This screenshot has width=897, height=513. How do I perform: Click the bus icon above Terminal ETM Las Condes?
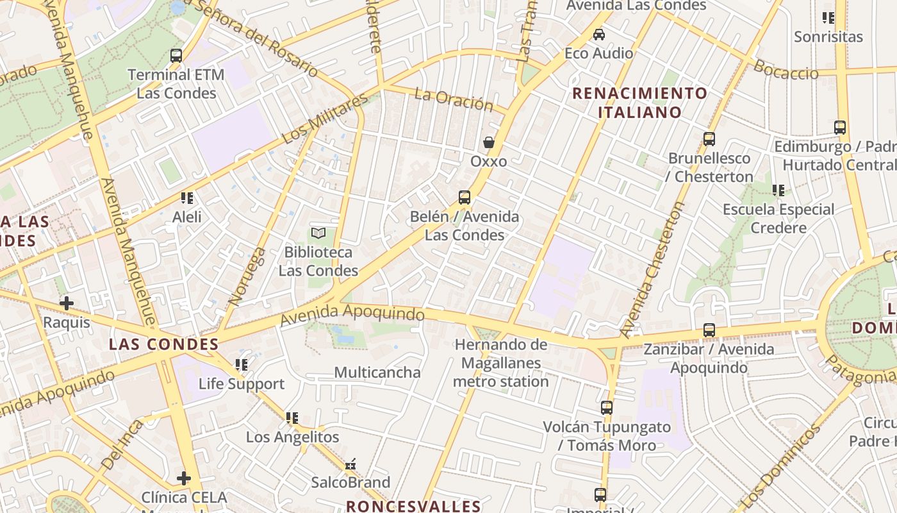[x=176, y=56]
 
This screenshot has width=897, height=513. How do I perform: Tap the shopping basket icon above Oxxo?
[x=489, y=142]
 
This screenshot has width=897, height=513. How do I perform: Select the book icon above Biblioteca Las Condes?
[x=318, y=233]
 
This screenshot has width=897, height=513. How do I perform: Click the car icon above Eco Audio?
[x=599, y=35]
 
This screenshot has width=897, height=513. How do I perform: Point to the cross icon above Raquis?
[x=67, y=303]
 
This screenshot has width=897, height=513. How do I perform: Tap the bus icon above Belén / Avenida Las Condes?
[x=465, y=198]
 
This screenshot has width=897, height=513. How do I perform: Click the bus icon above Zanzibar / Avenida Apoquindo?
[x=709, y=330]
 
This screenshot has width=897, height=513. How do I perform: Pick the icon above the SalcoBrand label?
[x=350, y=464]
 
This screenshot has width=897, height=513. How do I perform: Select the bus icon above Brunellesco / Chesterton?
[x=709, y=139]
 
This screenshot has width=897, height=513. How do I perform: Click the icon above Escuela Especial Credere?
[x=778, y=190]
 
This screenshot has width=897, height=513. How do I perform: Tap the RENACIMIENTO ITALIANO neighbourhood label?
[x=639, y=103]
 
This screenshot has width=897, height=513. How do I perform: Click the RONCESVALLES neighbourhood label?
[x=413, y=506]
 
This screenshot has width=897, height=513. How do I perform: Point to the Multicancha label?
[x=377, y=373]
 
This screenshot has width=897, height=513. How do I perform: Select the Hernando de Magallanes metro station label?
[x=501, y=363]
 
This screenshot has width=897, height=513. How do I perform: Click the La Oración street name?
[x=454, y=99]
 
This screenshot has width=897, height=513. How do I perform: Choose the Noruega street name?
[x=238, y=275]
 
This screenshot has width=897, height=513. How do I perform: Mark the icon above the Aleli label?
[x=187, y=198]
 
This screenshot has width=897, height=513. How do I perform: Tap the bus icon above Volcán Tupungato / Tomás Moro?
[x=607, y=408]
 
